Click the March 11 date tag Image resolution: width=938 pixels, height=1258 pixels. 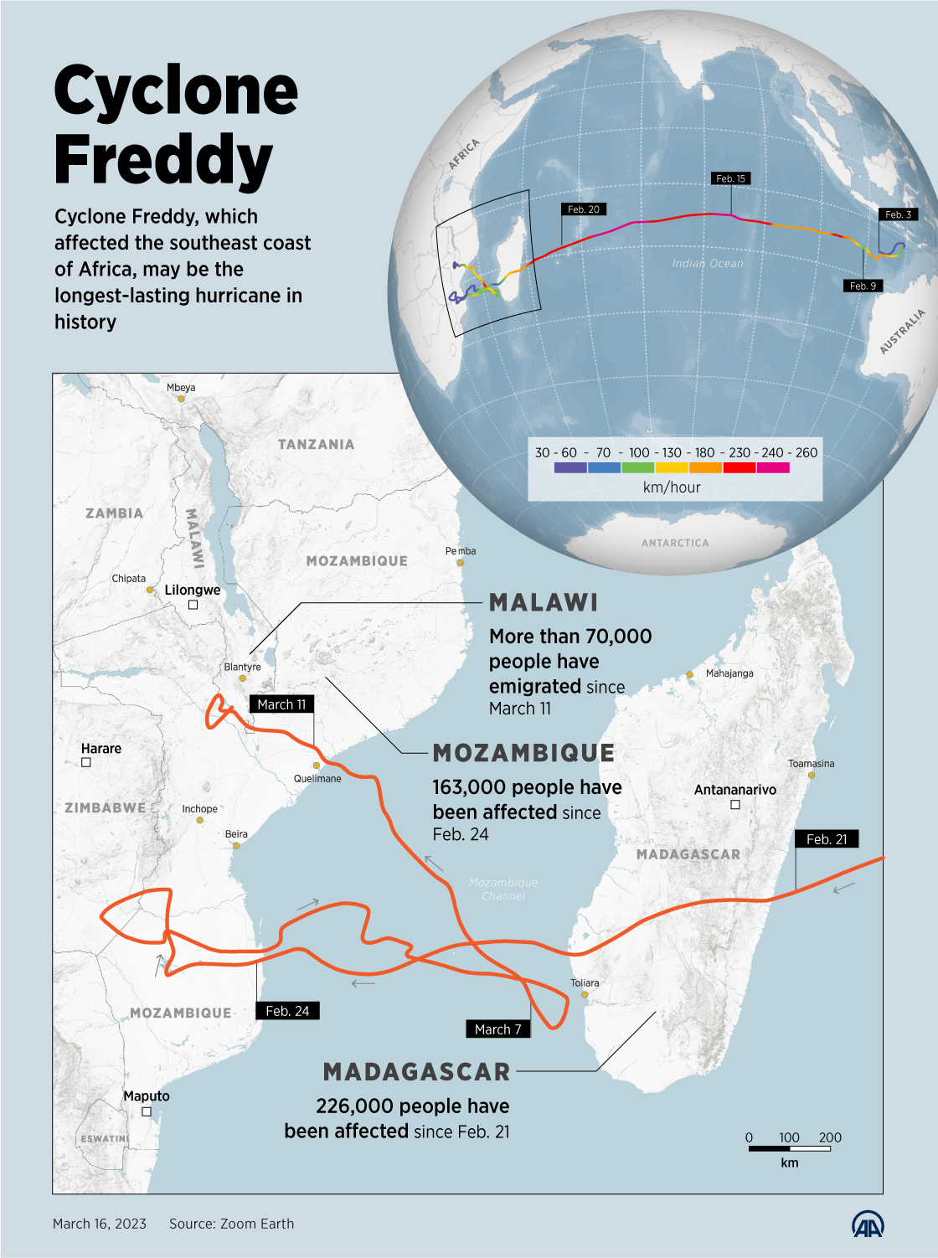(x=281, y=704)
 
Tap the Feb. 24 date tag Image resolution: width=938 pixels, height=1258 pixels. (x=287, y=1011)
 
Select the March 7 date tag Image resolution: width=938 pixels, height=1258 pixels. (x=497, y=1029)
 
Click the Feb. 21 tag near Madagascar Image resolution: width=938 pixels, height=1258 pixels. (x=827, y=839)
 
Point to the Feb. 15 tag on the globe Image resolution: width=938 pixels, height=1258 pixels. (x=730, y=178)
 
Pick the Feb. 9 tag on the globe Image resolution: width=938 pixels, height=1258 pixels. (x=863, y=286)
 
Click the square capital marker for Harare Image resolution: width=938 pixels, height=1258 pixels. (x=86, y=762)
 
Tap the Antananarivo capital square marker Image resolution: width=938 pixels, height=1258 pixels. (x=735, y=805)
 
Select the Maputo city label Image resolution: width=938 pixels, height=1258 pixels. (x=147, y=1096)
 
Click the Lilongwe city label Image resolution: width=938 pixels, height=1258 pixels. (x=193, y=590)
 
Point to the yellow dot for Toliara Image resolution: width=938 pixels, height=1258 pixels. (x=585, y=995)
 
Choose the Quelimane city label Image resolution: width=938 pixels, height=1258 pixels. (x=317, y=778)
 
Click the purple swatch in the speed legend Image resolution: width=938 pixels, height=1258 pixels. (x=570, y=468)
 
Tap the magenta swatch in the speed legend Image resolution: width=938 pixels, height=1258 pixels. (x=773, y=468)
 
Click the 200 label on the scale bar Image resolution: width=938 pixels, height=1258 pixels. (x=830, y=1137)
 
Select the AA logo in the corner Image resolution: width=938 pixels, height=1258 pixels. (x=868, y=1225)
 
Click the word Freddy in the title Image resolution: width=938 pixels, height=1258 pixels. (x=163, y=159)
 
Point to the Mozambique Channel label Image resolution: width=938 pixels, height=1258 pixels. (x=503, y=889)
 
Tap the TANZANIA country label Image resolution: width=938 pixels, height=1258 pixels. (x=316, y=444)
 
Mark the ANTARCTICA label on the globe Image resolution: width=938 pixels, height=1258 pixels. (x=675, y=543)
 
